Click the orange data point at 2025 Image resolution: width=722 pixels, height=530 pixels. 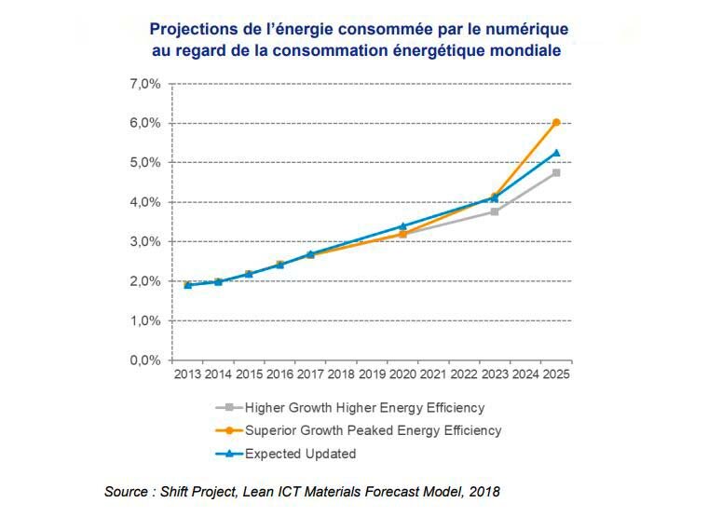click(556, 122)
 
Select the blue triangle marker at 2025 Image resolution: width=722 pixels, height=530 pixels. click(556, 153)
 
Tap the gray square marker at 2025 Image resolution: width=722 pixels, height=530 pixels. click(556, 172)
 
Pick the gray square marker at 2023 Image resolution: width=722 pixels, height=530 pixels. click(495, 211)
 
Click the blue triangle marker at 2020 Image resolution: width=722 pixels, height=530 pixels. click(402, 226)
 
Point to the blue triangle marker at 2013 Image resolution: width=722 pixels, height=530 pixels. click(187, 285)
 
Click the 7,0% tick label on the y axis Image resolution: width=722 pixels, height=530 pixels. click(144, 84)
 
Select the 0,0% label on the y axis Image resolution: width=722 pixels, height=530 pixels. click(144, 360)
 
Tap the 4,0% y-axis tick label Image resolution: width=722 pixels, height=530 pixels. click(144, 202)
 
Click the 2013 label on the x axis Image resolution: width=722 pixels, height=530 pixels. click(187, 374)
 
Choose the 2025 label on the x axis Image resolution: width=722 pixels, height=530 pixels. click(556, 374)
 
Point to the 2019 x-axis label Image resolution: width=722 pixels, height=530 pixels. click(372, 374)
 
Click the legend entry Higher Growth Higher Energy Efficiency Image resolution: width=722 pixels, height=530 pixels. click(364, 408)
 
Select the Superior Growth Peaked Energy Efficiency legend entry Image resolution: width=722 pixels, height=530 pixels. click(373, 430)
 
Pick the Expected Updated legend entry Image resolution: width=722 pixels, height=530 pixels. click(300, 454)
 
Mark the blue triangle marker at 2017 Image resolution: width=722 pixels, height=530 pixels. click(310, 253)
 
